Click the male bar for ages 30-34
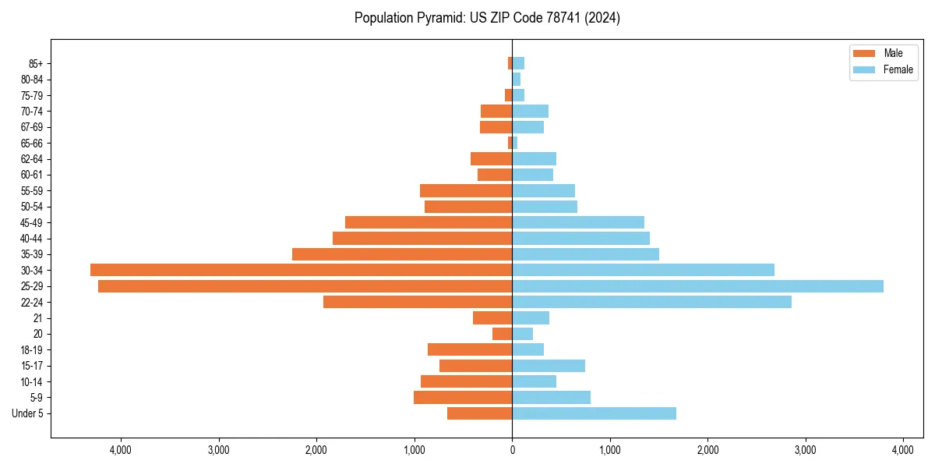301,270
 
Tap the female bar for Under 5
594,413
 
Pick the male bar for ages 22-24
418,302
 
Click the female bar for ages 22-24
651,302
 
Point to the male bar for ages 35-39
402,254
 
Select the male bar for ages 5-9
463,398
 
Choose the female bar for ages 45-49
578,222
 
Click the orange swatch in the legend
865,53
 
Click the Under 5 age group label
28,413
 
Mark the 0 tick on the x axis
512,450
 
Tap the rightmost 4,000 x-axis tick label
903,450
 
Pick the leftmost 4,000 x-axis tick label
121,450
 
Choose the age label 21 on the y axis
37,318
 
